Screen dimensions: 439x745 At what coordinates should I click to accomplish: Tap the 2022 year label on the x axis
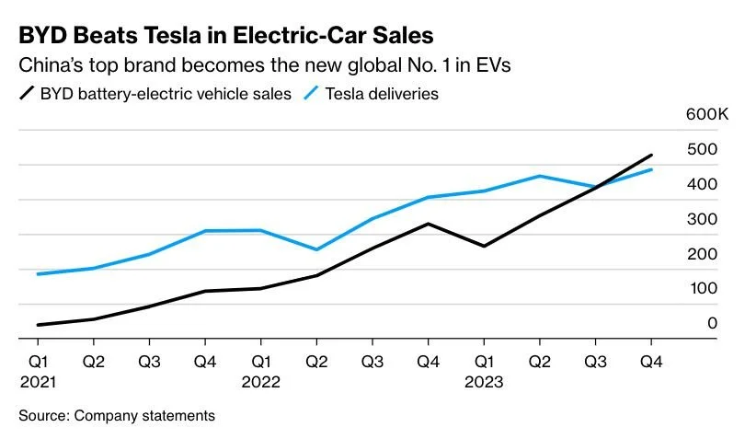[261, 381]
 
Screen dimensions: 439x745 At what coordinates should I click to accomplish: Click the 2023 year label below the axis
[484, 381]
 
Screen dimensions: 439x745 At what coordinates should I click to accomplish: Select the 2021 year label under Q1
[39, 381]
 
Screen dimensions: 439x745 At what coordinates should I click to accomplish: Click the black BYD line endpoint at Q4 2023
[652, 155]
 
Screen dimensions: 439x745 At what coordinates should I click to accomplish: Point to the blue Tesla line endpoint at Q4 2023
[652, 169]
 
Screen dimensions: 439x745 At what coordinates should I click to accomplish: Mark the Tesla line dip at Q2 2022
[316, 249]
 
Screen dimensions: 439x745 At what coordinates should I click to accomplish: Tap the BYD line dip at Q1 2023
[484, 246]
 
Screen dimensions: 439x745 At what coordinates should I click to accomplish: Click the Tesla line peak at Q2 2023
[540, 176]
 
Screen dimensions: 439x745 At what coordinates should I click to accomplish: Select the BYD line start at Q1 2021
[39, 325]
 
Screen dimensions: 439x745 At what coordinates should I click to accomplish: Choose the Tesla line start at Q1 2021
[39, 274]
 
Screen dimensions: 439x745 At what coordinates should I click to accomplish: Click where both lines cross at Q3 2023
[596, 187]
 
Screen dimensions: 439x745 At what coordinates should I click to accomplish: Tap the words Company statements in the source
[144, 416]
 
